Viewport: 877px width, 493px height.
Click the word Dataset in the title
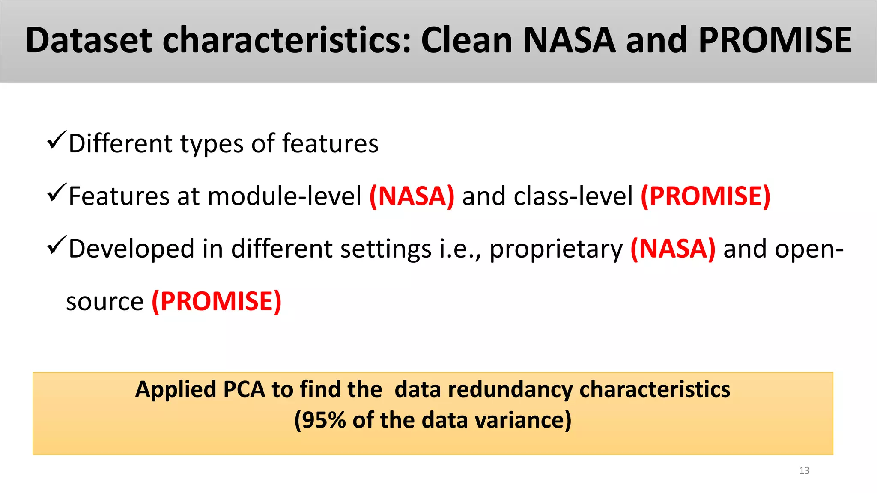(x=88, y=40)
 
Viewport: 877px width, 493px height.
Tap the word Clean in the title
(x=466, y=40)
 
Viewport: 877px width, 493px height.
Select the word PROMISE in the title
(x=775, y=40)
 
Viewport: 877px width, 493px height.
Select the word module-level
(x=284, y=196)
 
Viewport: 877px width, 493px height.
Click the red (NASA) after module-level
(x=412, y=196)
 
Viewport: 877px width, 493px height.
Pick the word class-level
(x=573, y=196)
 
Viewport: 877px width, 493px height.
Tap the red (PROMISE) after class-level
(x=705, y=196)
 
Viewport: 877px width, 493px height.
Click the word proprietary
(x=556, y=249)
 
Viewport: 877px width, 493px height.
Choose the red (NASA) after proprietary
(x=673, y=249)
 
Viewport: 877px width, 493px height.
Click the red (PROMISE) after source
(x=217, y=302)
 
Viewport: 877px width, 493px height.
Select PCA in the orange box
(x=244, y=390)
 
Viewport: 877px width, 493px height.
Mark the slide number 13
(x=804, y=471)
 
